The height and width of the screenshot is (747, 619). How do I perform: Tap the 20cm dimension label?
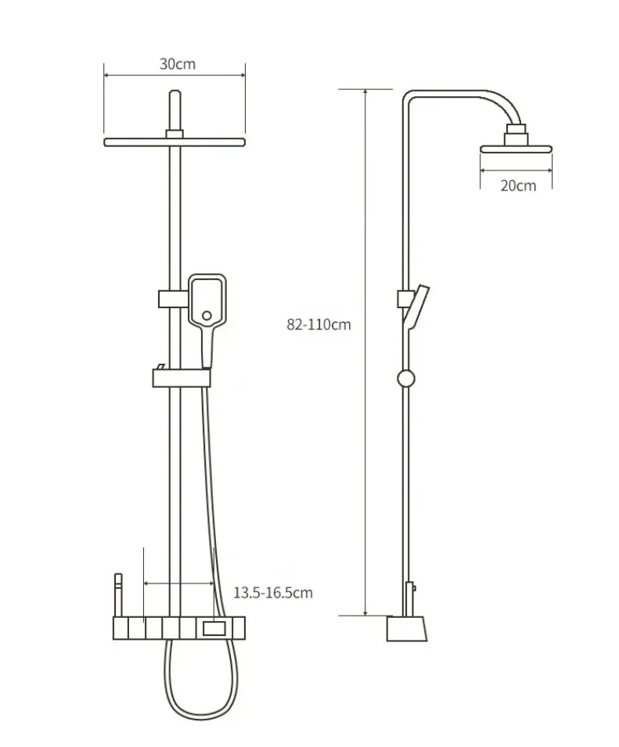[x=517, y=185]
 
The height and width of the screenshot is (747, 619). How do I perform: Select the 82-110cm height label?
[x=318, y=325]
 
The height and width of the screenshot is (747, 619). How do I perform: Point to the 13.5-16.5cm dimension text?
[x=273, y=592]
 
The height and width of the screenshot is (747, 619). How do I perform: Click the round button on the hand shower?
[x=207, y=316]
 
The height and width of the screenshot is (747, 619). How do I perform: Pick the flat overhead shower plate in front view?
[x=175, y=142]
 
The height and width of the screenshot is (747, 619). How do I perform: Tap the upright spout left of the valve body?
[x=117, y=595]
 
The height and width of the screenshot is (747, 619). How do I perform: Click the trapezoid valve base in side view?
[x=407, y=628]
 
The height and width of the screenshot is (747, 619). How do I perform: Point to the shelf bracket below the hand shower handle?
[x=182, y=379]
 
